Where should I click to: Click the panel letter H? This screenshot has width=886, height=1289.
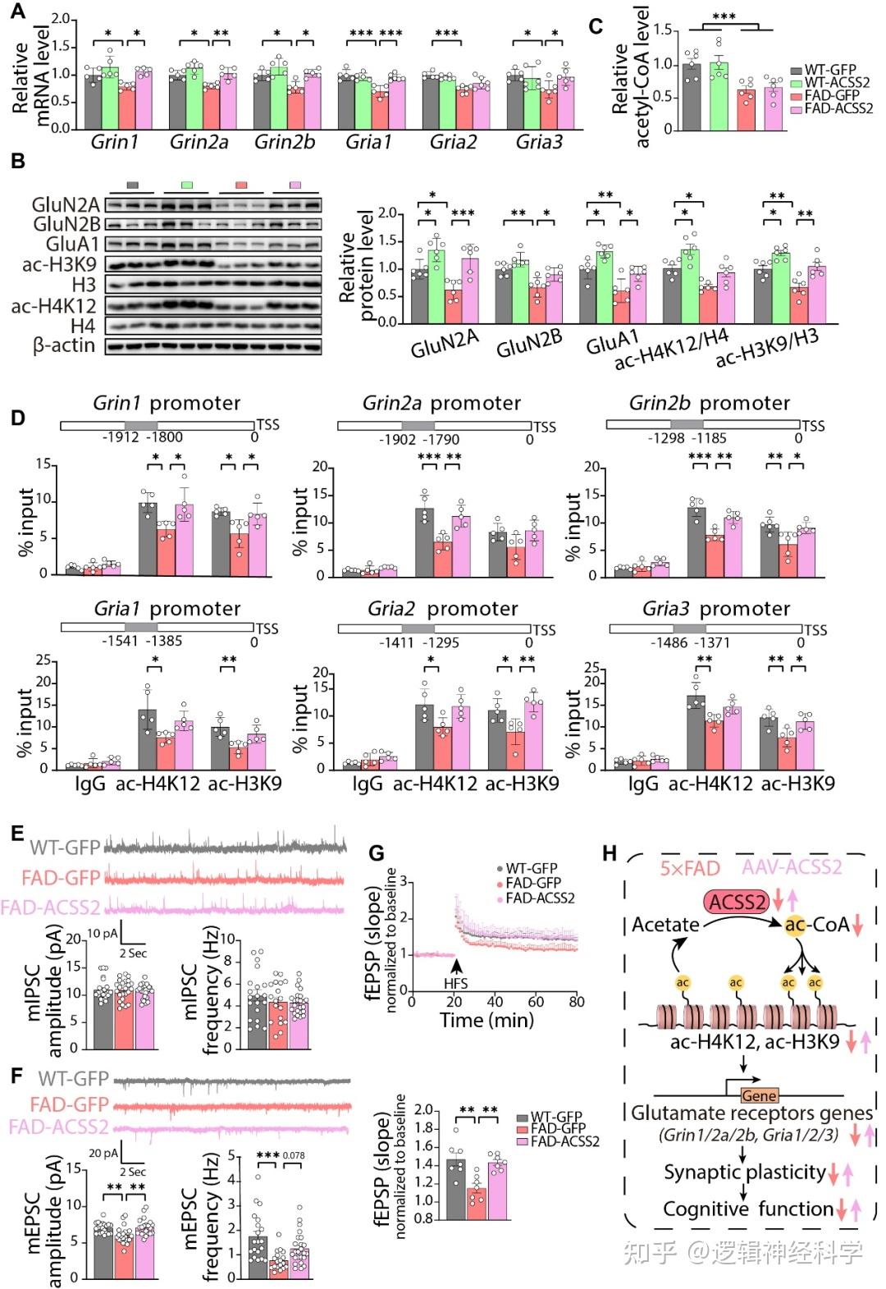(610, 853)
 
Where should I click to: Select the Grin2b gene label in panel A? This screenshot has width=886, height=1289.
(284, 142)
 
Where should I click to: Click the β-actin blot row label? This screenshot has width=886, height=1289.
(63, 345)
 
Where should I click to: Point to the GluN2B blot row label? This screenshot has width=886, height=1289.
(66, 224)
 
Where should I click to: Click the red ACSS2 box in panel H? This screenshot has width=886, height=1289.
(736, 903)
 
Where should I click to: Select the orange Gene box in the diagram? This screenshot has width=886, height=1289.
(758, 1095)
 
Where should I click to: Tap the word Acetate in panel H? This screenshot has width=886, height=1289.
(665, 925)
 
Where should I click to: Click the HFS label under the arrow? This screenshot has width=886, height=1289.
(455, 980)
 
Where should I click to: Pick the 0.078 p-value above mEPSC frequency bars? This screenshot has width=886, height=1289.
(294, 1155)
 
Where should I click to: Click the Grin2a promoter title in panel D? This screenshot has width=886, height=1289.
(441, 403)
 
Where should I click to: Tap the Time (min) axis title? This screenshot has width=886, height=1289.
(487, 1020)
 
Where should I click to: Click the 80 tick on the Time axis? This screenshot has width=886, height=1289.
(577, 1001)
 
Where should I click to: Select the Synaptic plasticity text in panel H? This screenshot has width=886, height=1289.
(744, 1172)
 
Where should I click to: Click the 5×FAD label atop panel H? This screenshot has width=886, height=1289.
(690, 867)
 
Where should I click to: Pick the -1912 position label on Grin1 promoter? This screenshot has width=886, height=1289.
(121, 437)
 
